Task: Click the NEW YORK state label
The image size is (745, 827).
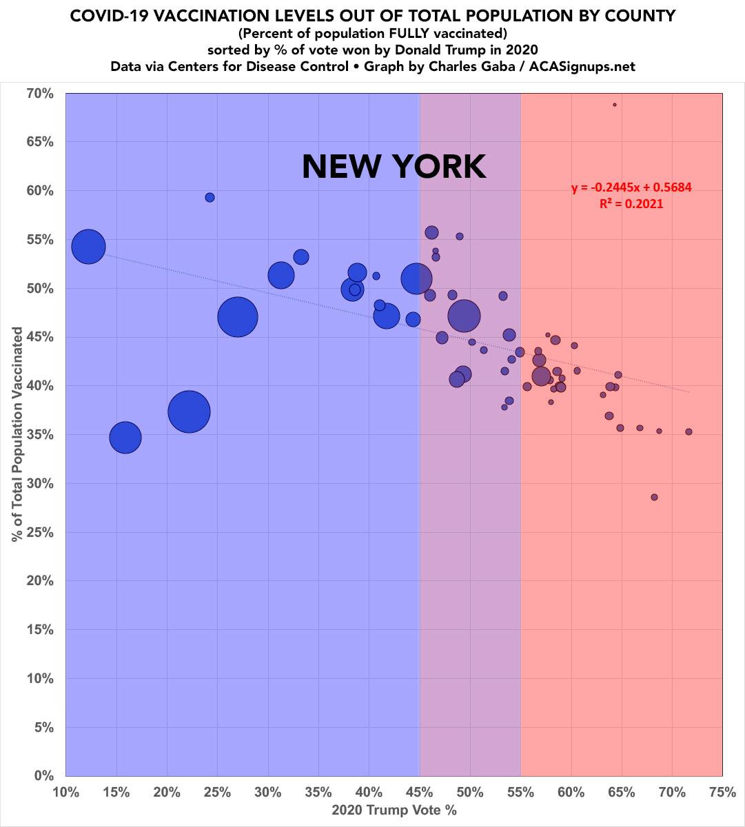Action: [x=394, y=167]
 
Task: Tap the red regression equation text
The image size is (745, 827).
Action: [x=631, y=187]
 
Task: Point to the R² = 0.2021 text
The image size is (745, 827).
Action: [x=631, y=203]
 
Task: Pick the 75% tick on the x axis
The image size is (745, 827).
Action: [x=722, y=793]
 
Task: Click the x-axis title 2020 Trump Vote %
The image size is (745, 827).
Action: [x=394, y=810]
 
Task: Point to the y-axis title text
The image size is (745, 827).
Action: [x=17, y=434]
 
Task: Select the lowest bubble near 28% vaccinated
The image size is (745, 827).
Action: [x=654, y=497]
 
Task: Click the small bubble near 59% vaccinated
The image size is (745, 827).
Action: [x=210, y=197]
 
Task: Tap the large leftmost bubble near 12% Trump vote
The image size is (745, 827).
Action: [x=88, y=246]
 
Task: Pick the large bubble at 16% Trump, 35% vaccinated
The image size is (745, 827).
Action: [x=125, y=437]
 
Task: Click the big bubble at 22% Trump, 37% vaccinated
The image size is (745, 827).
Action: [x=189, y=411]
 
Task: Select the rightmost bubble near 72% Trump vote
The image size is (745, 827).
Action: [x=688, y=431]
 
